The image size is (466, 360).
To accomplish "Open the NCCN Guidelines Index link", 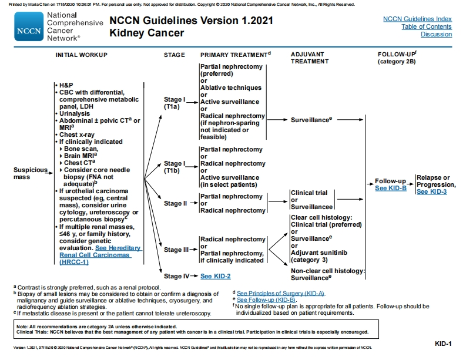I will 417,19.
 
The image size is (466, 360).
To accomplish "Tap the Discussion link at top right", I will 436,34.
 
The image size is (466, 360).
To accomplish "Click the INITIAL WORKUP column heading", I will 81,55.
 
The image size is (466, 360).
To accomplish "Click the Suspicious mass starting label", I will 31,173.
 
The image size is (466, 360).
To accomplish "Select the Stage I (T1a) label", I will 175,103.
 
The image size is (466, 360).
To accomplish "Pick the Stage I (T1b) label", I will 175,167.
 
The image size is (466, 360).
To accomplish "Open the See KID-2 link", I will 215,276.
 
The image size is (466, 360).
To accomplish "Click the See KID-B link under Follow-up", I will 390,188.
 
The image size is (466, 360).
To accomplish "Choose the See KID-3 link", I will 431,192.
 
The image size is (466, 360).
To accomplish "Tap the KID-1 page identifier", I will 442,344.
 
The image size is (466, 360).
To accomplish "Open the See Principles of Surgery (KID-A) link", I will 281,292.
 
